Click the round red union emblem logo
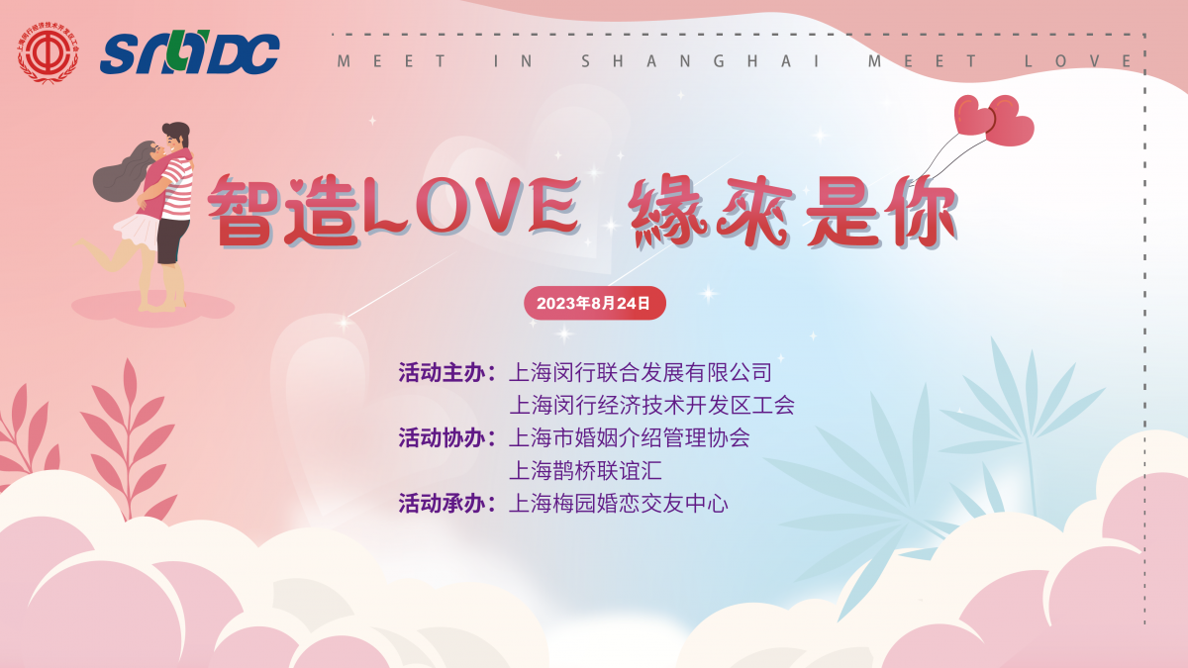click(49, 52)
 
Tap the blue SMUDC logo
click(190, 52)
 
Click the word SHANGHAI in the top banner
click(701, 61)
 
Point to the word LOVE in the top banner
click(1078, 61)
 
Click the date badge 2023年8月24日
click(595, 303)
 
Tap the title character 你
click(923, 211)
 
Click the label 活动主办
click(442, 373)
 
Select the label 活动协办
click(442, 438)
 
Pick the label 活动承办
click(442, 504)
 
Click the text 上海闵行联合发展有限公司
click(641, 373)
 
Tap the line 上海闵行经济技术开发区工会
click(651, 406)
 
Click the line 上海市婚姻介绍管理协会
click(630, 438)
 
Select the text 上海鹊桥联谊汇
click(585, 471)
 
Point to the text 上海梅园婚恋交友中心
click(619, 504)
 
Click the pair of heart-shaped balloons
click(993, 121)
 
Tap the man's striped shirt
click(178, 189)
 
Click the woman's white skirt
click(137, 231)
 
